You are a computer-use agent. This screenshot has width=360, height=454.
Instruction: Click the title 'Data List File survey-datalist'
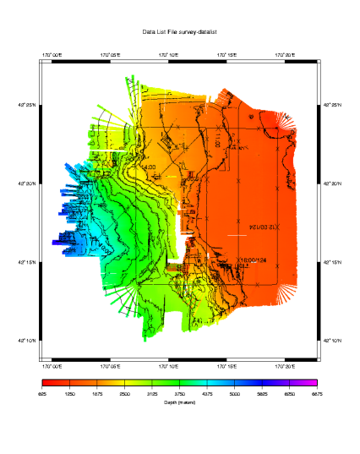pyautogui.click(x=180, y=30)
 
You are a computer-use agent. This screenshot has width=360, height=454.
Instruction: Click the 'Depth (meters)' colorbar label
pyautogui.click(x=180, y=402)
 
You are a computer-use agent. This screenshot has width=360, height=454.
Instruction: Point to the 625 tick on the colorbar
pyautogui.click(x=42, y=394)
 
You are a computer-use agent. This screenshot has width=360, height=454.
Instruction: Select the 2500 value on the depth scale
pyautogui.click(x=125, y=394)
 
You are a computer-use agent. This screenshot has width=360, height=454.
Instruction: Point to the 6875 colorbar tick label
pyautogui.click(x=317, y=394)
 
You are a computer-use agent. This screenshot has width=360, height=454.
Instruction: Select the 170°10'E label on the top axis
pyautogui.click(x=169, y=55)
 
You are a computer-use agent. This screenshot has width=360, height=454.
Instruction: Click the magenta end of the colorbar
pyautogui.click(x=314, y=384)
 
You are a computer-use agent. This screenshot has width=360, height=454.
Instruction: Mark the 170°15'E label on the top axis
pyautogui.click(x=226, y=55)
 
